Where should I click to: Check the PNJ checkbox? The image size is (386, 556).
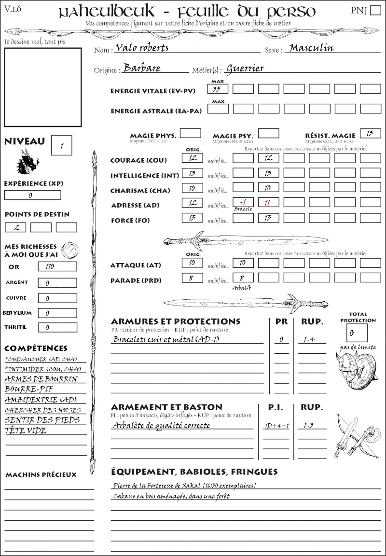(x=374, y=11)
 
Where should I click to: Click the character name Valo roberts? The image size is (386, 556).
(x=140, y=48)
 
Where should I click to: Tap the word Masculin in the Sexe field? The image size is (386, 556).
(x=311, y=48)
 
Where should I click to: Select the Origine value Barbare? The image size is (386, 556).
(x=142, y=68)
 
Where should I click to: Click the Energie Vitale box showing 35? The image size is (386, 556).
(x=218, y=89)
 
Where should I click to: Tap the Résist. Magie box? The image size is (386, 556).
(x=370, y=133)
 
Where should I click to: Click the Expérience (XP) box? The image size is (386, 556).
(x=32, y=195)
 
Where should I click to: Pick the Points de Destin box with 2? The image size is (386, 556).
(x=15, y=227)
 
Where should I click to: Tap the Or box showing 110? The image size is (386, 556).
(x=57, y=266)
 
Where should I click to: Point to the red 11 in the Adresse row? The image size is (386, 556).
(x=268, y=203)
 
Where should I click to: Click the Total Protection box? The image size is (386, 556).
(x=357, y=333)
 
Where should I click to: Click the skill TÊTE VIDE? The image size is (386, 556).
(x=26, y=431)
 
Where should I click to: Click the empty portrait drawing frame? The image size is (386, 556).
(x=42, y=87)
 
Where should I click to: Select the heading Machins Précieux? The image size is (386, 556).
(x=41, y=475)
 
